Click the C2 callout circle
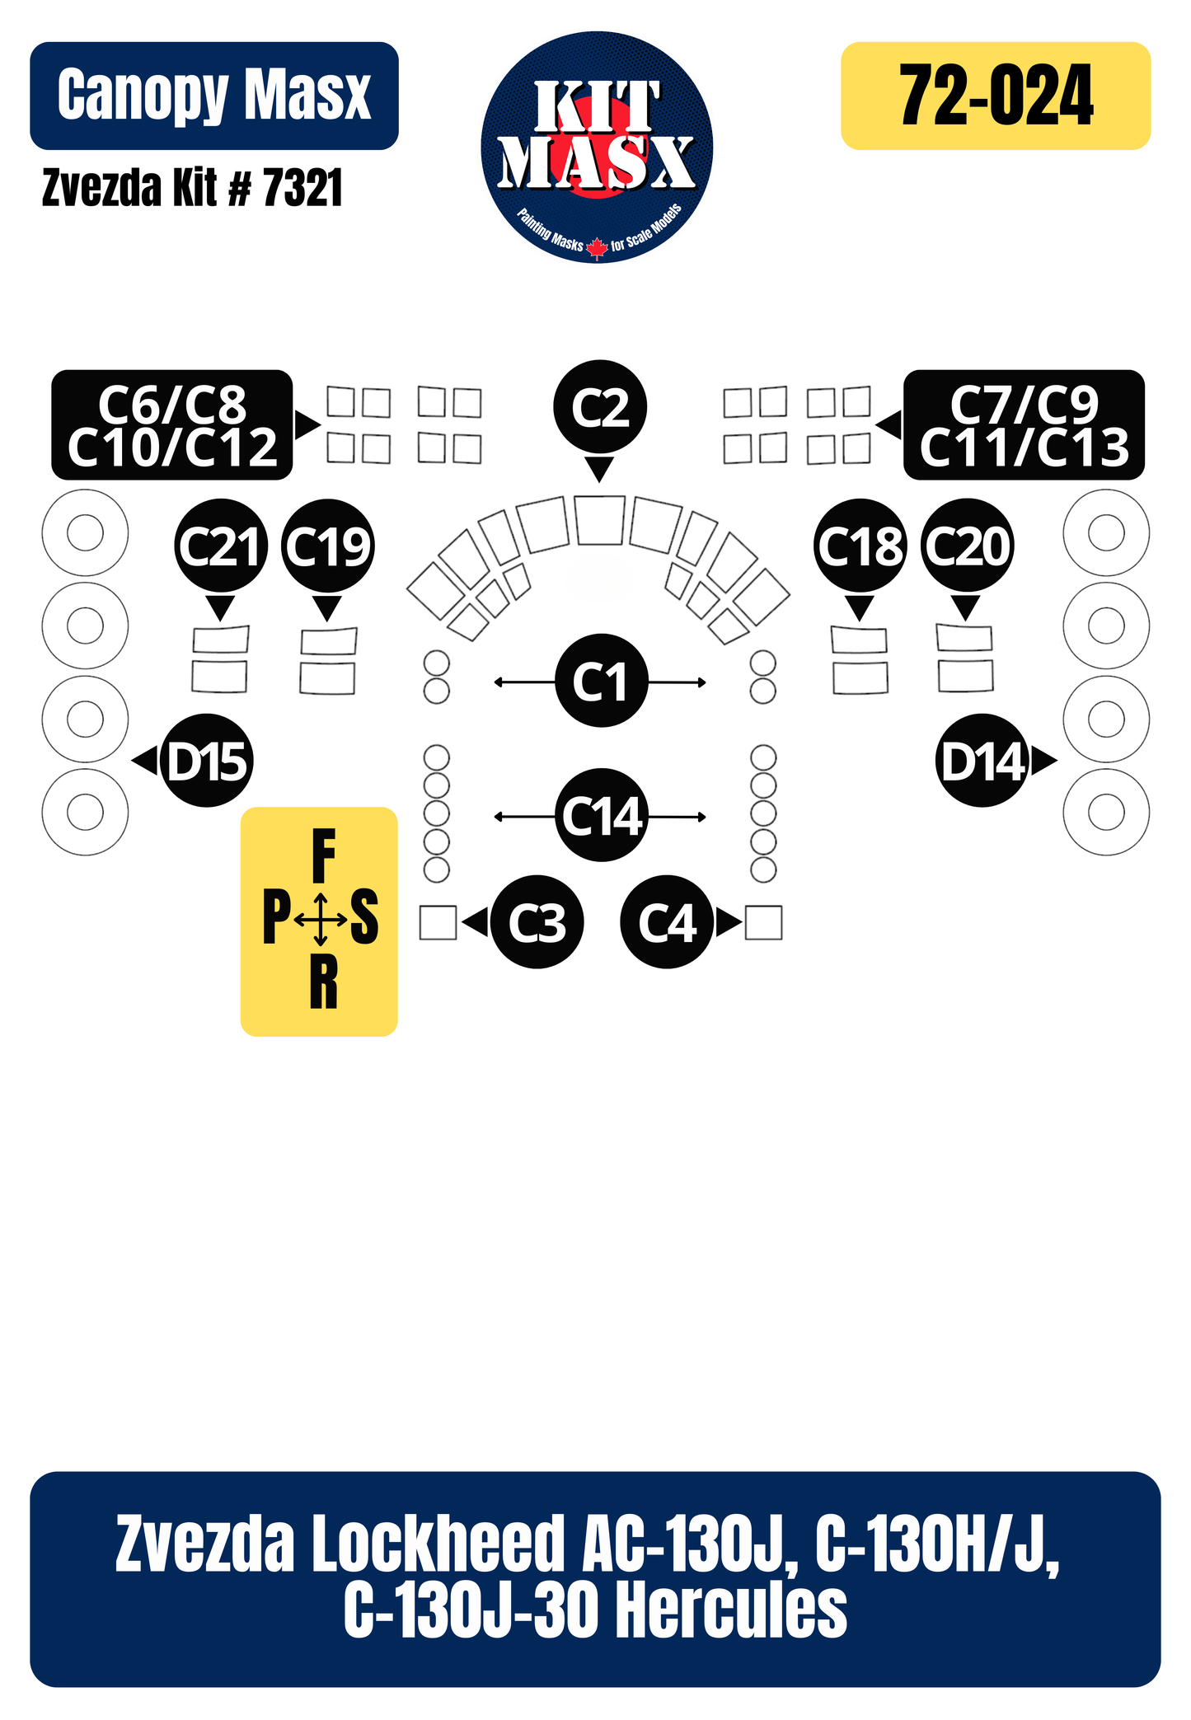(x=600, y=406)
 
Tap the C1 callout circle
(x=602, y=681)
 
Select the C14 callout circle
(x=602, y=816)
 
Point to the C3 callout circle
(x=537, y=921)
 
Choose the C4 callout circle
(x=667, y=921)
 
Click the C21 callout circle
(x=221, y=546)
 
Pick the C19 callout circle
(x=328, y=546)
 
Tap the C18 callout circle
(x=860, y=546)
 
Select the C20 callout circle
(x=968, y=546)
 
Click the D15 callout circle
(x=207, y=761)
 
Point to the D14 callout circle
(x=982, y=761)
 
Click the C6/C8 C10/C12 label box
(x=172, y=425)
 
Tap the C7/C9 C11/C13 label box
(x=1024, y=425)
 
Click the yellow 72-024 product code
(x=996, y=96)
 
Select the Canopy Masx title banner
(x=214, y=96)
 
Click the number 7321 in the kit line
(x=302, y=189)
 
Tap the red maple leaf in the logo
(x=598, y=248)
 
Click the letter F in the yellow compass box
(x=324, y=856)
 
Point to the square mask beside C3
(x=438, y=922)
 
